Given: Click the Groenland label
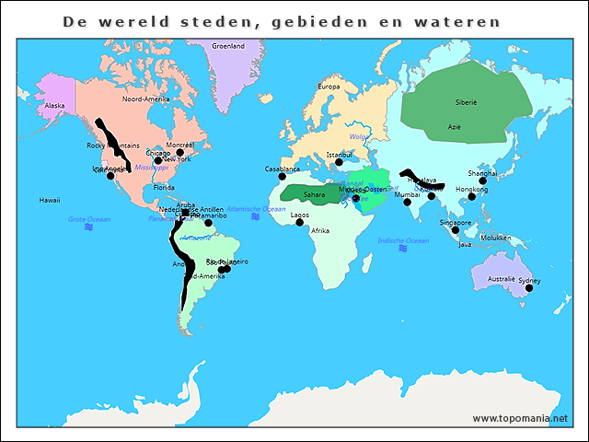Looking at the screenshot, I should point(227,45).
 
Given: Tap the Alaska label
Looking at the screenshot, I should point(55,105).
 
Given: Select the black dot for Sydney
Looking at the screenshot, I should point(529,288).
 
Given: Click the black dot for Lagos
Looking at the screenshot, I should point(300,223).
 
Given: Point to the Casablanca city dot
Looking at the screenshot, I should point(283,177).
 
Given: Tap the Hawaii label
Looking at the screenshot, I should point(50,200).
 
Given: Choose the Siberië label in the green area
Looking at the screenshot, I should point(467,102).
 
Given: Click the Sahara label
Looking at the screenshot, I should point(314,194).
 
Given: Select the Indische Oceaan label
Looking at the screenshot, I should point(403,240).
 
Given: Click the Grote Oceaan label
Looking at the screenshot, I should point(89,218).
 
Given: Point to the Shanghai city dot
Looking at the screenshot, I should point(482,180).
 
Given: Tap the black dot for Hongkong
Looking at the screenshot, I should point(472,196).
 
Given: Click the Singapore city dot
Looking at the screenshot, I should point(455,230).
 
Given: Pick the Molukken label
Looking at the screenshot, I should point(495,237).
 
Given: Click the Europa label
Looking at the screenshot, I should point(329,87).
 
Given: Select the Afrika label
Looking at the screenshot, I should point(319,230).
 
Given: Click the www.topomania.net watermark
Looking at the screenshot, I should point(520,418).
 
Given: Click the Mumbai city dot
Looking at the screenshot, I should point(407,203).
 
